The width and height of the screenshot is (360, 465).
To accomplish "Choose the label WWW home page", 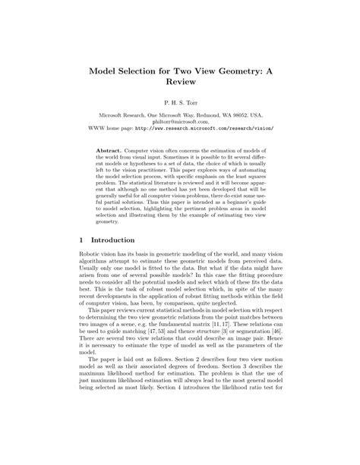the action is (112, 128).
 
